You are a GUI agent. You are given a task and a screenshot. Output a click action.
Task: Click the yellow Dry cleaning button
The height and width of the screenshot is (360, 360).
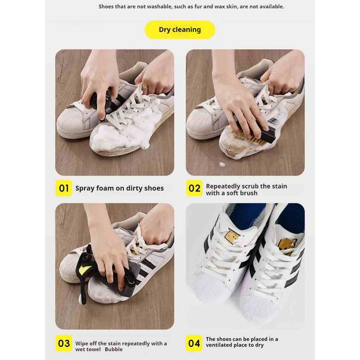pyautogui.click(x=180, y=30)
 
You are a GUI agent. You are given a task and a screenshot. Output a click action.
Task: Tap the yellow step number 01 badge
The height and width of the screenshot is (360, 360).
pyautogui.click(x=64, y=188)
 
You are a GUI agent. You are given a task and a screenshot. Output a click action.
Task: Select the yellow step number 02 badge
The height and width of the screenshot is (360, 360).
pyautogui.click(x=194, y=188)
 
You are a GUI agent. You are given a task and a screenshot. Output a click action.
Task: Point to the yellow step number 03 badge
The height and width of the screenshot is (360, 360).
pyautogui.click(x=64, y=343)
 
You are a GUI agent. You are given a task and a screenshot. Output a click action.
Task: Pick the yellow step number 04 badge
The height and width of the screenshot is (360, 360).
pyautogui.click(x=194, y=343)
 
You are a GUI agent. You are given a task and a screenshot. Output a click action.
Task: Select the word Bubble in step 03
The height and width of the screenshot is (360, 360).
pyautogui.click(x=114, y=349)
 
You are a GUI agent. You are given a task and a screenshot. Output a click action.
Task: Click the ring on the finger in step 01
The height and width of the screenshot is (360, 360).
pyautogui.click(x=145, y=87)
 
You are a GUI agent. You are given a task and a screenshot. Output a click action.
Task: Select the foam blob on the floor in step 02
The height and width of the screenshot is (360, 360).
pyautogui.click(x=222, y=164)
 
